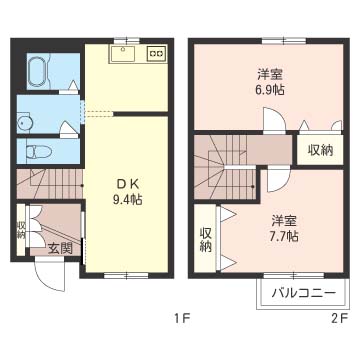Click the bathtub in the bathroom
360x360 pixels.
click(x=38, y=71)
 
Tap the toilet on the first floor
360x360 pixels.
click(x=39, y=152)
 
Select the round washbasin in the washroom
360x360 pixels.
click(x=24, y=124)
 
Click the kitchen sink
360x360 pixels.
click(x=122, y=54)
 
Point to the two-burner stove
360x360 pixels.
click(x=156, y=53)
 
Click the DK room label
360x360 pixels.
click(x=127, y=183)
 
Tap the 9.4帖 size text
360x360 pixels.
click(x=127, y=199)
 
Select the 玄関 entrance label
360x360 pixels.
click(x=60, y=248)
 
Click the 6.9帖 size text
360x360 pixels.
click(x=270, y=89)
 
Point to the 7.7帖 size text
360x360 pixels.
click(x=284, y=236)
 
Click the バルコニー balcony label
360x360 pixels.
click(x=302, y=294)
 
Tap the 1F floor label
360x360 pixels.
click(x=182, y=319)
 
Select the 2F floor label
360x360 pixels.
click(x=340, y=319)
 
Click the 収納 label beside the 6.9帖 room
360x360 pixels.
click(x=320, y=151)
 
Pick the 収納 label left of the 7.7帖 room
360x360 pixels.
click(x=205, y=239)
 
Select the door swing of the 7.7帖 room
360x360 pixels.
click(x=279, y=180)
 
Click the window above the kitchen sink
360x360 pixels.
click(x=126, y=41)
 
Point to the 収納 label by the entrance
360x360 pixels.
click(x=21, y=230)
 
